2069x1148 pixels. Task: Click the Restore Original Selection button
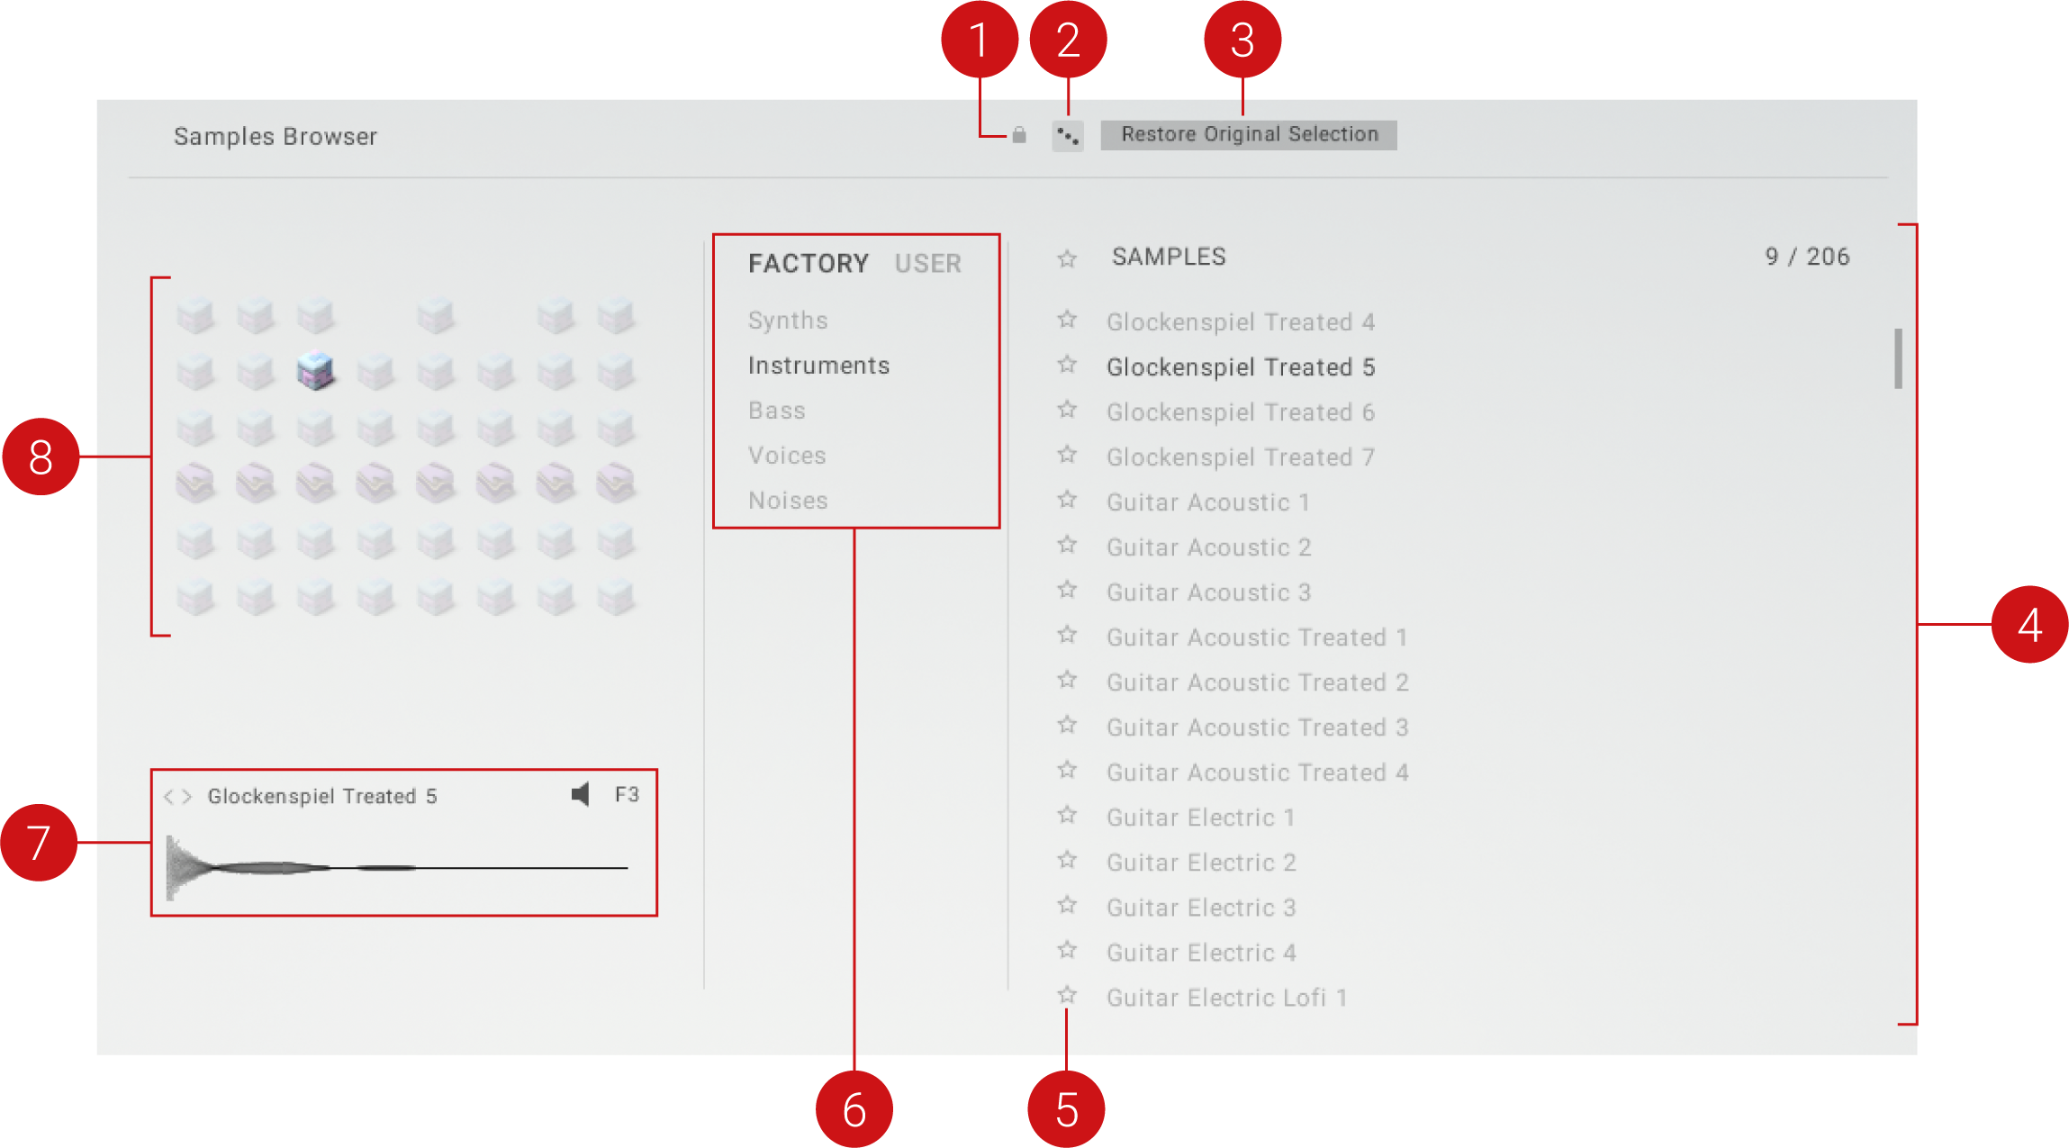(x=1249, y=135)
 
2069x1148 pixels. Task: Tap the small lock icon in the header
(x=1019, y=135)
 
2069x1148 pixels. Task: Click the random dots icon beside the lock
(x=1068, y=136)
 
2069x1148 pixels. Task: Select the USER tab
(x=928, y=264)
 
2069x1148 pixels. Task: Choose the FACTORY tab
(x=809, y=264)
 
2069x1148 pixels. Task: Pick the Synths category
(x=788, y=321)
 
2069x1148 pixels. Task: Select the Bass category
(x=777, y=411)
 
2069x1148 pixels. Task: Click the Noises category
(x=788, y=501)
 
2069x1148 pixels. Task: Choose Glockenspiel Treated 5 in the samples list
(x=1241, y=367)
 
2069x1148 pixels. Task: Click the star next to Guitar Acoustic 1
(x=1068, y=500)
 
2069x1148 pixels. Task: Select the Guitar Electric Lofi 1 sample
(x=1227, y=998)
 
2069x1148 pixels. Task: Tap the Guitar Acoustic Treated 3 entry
(x=1258, y=728)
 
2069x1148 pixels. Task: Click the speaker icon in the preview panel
(x=581, y=794)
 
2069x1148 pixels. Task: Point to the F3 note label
(x=627, y=794)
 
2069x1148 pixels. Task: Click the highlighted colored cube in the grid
(x=316, y=370)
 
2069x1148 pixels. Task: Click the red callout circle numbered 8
(x=41, y=456)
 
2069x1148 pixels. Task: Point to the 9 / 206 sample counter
(x=1807, y=257)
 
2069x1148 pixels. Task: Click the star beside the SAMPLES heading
(x=1068, y=259)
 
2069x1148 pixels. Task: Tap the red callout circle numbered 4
(x=2029, y=624)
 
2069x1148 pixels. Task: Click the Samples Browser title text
(x=276, y=136)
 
